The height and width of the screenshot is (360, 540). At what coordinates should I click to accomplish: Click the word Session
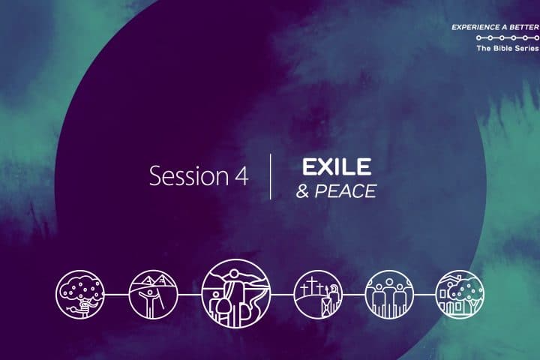tap(189, 175)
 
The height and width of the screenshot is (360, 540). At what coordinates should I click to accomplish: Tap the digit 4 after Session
tap(241, 176)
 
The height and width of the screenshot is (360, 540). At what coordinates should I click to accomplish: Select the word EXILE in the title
tap(337, 166)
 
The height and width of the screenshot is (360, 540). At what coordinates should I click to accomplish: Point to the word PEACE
tap(346, 191)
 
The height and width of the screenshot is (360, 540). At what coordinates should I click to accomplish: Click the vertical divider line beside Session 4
tap(271, 176)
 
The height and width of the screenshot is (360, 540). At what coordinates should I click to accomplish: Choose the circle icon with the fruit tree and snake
tap(80, 294)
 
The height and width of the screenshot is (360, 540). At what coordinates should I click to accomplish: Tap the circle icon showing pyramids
tap(153, 294)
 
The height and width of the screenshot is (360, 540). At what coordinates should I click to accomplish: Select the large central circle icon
tap(236, 293)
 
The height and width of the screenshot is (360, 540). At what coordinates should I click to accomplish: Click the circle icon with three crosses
tap(319, 294)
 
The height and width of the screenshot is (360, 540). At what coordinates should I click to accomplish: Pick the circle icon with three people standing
tap(389, 294)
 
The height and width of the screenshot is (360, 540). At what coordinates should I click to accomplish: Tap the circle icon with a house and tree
tap(460, 294)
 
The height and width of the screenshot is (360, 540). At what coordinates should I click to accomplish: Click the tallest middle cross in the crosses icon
tap(312, 286)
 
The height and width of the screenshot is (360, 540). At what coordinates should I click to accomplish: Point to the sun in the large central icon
tap(234, 274)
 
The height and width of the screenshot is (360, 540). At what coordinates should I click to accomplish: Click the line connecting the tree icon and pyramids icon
tap(117, 295)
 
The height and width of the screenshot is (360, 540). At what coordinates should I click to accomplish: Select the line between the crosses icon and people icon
tap(354, 295)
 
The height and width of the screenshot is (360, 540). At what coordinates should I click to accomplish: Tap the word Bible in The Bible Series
tap(504, 48)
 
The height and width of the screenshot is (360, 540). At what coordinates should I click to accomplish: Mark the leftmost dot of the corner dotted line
tap(478, 37)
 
